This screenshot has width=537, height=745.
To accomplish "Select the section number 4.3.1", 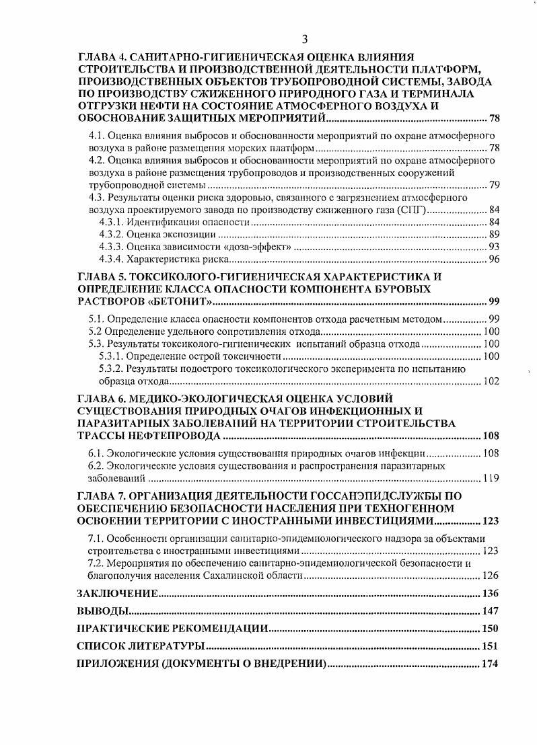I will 112,222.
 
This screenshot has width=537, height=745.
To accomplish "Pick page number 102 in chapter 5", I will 491,381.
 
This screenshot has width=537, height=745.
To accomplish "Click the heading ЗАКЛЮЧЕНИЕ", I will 118,594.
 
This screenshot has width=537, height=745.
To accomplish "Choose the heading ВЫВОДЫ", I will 102,611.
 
